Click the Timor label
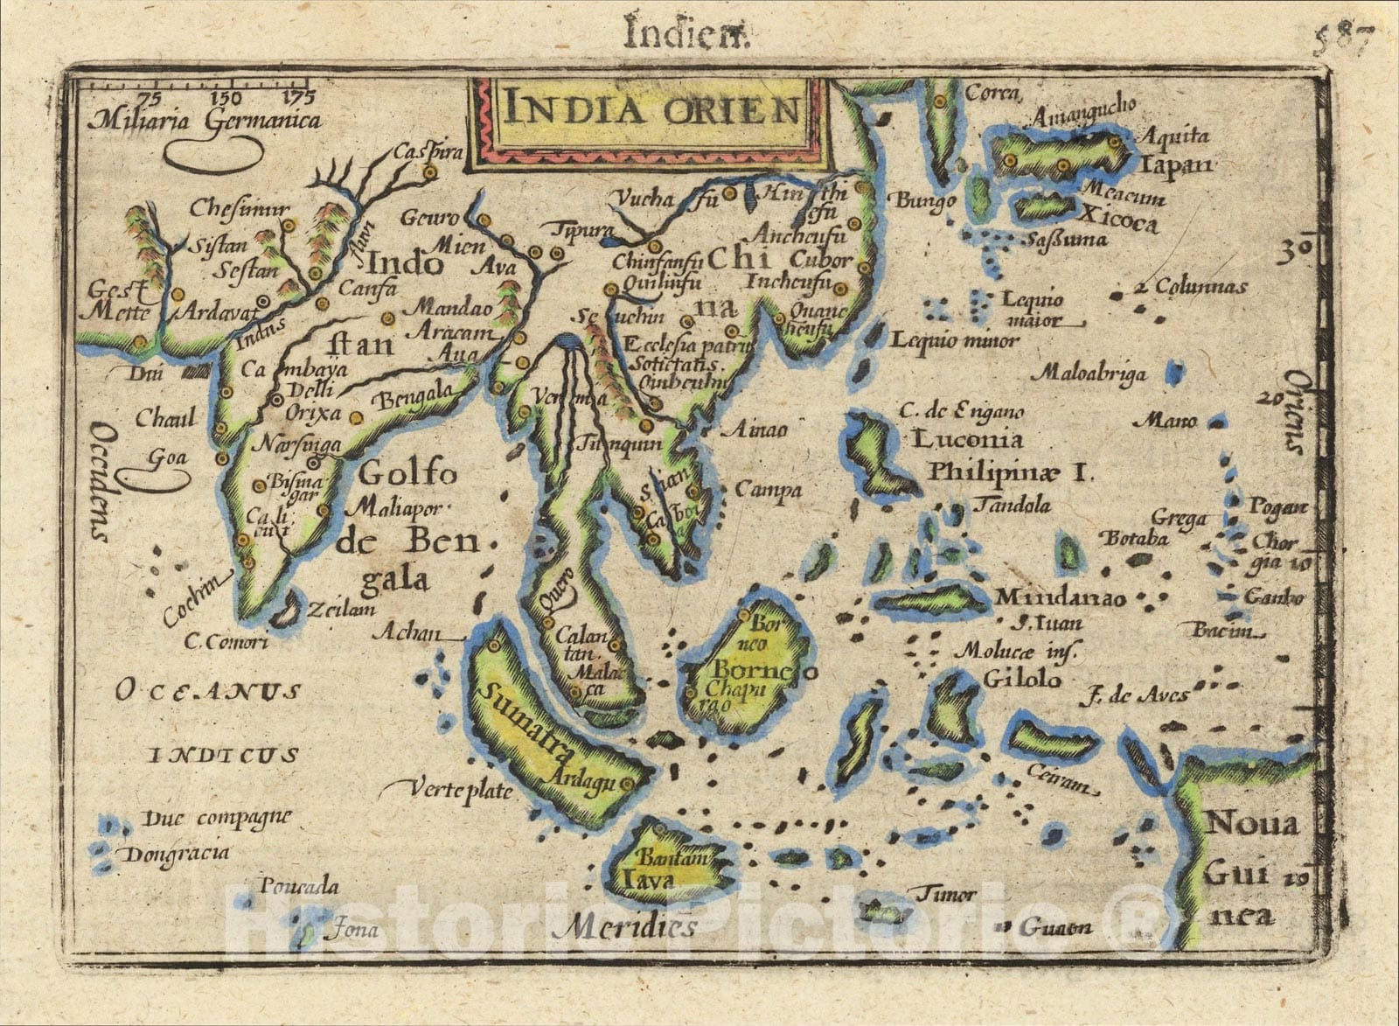coord(945,895)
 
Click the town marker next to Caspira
coord(430,173)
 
